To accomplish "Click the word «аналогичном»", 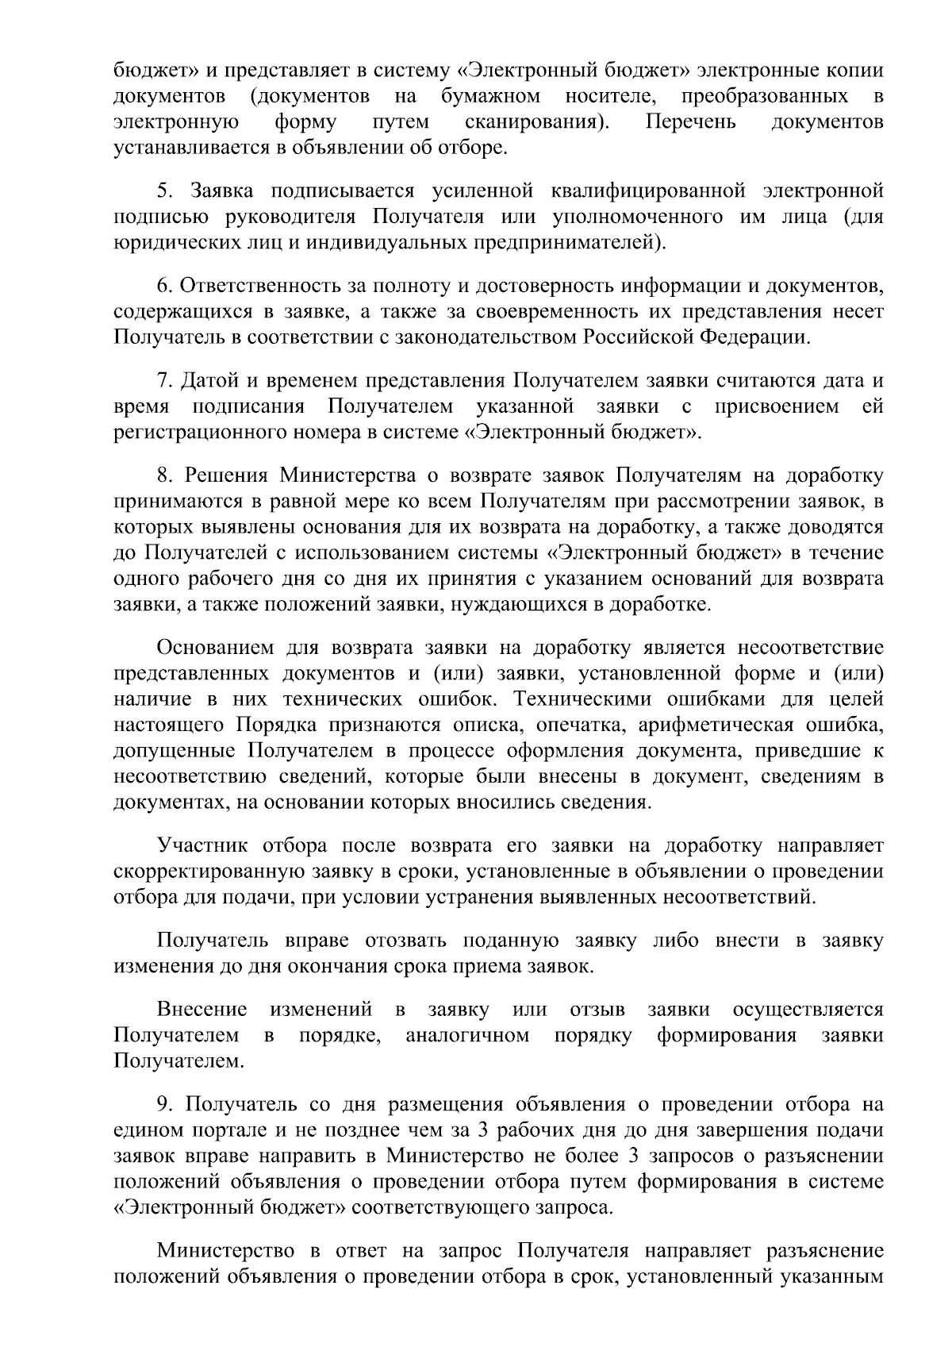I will click(467, 1036).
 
